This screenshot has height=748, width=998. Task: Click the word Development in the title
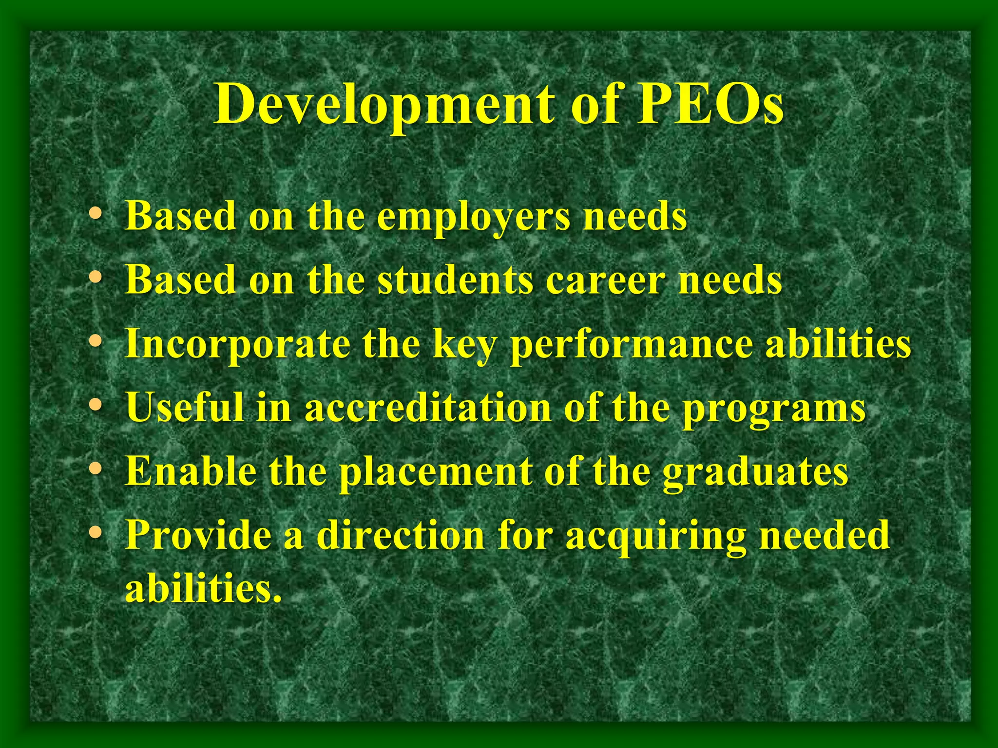click(x=383, y=104)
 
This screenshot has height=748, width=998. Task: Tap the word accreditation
click(x=427, y=408)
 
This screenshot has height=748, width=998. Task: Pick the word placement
click(x=435, y=472)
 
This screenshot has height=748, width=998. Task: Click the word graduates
click(x=755, y=472)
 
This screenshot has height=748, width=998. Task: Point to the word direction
click(x=400, y=535)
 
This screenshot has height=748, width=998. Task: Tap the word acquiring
click(x=654, y=536)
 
